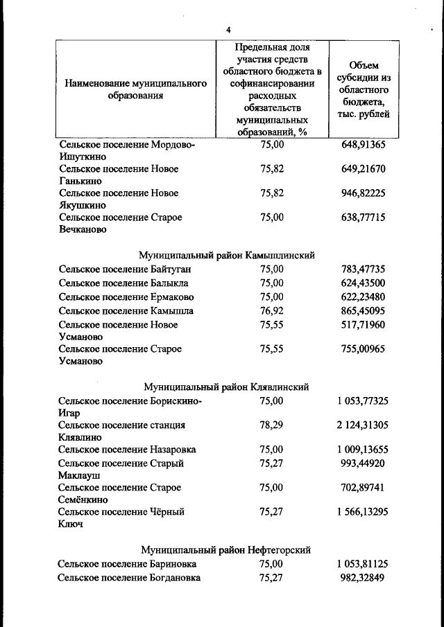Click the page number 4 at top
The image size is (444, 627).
228,29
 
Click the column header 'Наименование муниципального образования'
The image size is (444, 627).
136,89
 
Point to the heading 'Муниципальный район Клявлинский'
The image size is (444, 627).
226,387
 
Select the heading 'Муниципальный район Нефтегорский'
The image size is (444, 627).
226,550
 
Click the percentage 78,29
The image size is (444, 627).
271,425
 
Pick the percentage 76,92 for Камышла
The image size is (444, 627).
271,310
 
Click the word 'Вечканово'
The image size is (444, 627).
83,229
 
